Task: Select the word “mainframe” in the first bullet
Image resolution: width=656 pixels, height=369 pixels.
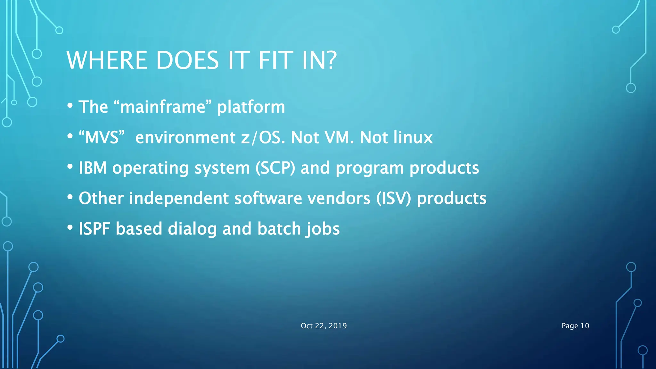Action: [163, 107]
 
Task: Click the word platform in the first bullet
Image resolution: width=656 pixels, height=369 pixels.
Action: [251, 107]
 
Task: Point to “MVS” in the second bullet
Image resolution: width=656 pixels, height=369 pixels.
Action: [101, 137]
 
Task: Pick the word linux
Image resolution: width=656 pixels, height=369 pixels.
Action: [413, 137]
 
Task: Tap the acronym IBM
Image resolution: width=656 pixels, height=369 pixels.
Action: [93, 168]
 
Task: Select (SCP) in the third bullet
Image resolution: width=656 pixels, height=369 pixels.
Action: [275, 168]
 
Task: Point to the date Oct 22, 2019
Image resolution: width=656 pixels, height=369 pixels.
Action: [324, 326]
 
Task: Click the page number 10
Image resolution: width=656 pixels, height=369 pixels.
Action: [585, 326]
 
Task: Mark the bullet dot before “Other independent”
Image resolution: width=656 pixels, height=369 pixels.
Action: [70, 197]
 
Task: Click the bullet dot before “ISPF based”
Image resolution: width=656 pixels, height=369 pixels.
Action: [70, 227]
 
